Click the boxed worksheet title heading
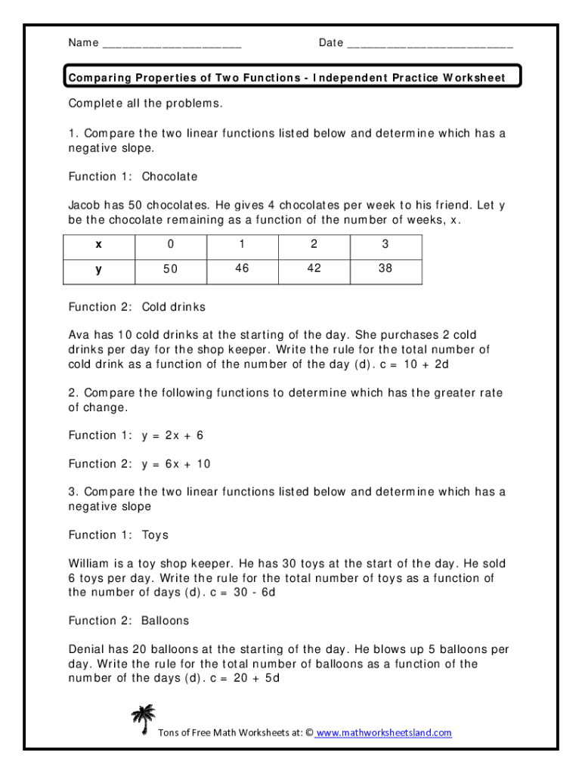pyautogui.click(x=286, y=78)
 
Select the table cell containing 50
pyautogui.click(x=170, y=269)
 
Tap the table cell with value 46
pyautogui.click(x=242, y=268)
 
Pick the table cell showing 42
pyautogui.click(x=314, y=268)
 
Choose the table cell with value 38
pyautogui.click(x=385, y=268)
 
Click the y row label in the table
pyautogui.click(x=98, y=269)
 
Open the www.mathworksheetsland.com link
pyautogui.click(x=383, y=732)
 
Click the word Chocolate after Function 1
pyautogui.click(x=169, y=177)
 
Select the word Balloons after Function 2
pyautogui.click(x=165, y=621)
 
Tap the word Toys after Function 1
pyautogui.click(x=155, y=535)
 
